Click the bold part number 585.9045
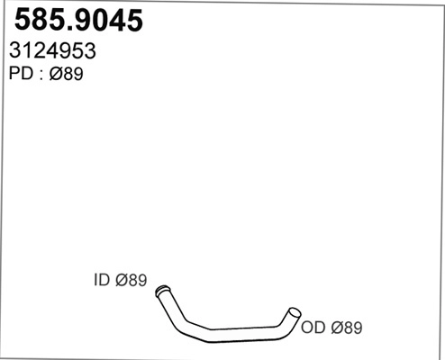tap(76, 22)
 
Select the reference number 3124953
tap(53, 52)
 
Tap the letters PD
tap(20, 76)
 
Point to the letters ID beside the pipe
tap(101, 281)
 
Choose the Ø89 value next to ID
tap(131, 281)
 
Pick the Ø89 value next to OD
tap(348, 328)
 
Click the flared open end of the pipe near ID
tap(162, 291)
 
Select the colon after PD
tap(40, 76)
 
